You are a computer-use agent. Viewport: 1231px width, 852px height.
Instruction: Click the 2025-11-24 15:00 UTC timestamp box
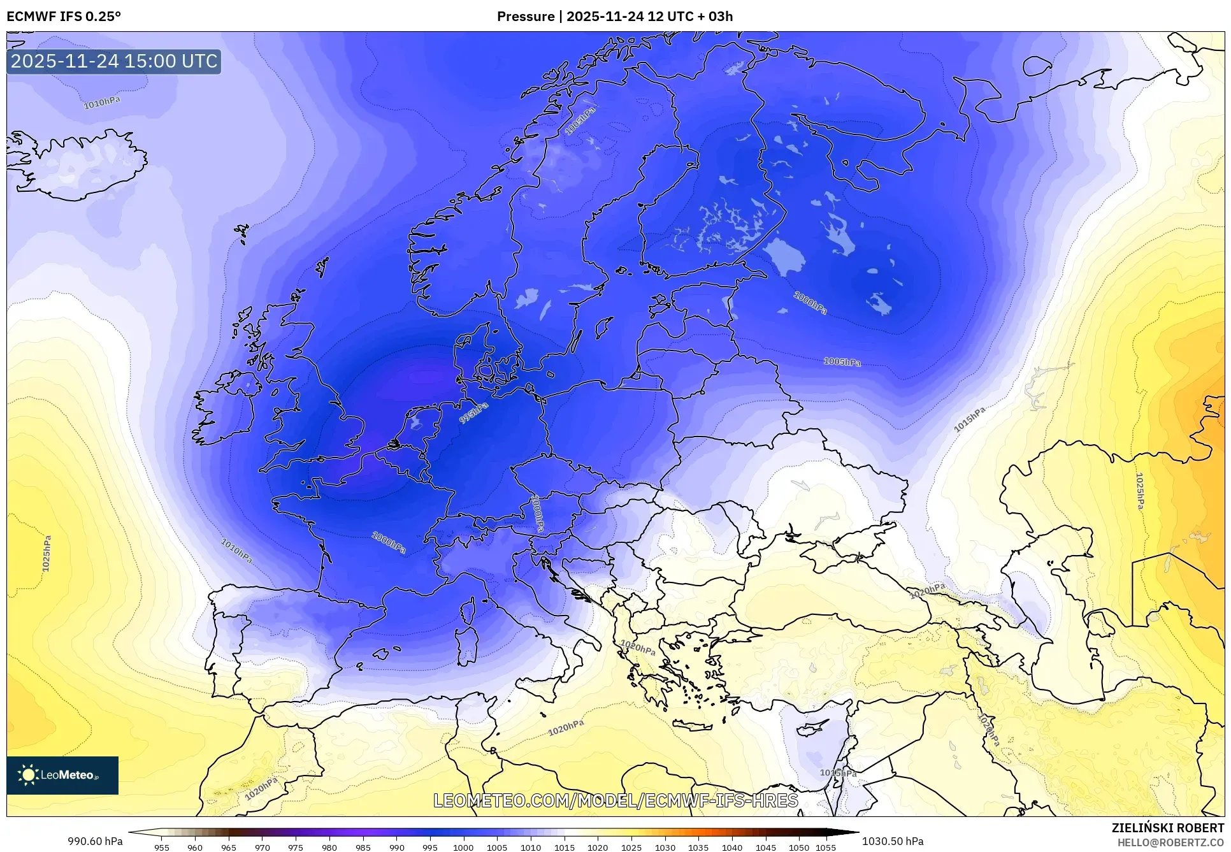point(114,61)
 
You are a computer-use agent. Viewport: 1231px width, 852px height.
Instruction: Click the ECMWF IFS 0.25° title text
point(64,17)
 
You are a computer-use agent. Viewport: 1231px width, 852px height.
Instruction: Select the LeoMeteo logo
point(62,775)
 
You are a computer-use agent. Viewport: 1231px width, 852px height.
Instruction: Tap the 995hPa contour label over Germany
point(474,413)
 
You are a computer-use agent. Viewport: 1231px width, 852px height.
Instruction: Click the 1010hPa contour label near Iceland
point(102,103)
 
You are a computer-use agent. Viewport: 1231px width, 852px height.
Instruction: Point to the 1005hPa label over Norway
point(580,121)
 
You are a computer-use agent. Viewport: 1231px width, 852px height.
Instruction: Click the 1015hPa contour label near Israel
point(838,773)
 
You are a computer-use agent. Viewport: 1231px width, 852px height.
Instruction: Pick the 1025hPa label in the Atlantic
point(47,553)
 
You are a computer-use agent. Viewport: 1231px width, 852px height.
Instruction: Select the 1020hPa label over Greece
point(638,647)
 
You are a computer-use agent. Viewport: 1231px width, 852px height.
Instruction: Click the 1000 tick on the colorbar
point(463,848)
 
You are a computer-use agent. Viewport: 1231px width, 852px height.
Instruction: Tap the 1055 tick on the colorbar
point(826,848)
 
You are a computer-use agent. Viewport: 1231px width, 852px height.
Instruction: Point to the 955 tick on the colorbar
point(162,848)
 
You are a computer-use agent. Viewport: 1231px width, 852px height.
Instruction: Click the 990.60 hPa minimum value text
point(96,841)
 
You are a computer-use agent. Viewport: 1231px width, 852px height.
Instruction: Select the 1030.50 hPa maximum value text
point(893,841)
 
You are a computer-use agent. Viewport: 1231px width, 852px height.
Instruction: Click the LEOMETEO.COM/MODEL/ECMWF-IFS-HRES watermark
point(615,800)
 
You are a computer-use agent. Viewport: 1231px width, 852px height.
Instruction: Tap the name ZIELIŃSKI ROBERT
point(1168,828)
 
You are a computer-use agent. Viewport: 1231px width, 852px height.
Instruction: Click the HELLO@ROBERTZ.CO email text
point(1170,842)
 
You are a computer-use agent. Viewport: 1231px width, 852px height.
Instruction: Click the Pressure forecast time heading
point(615,17)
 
